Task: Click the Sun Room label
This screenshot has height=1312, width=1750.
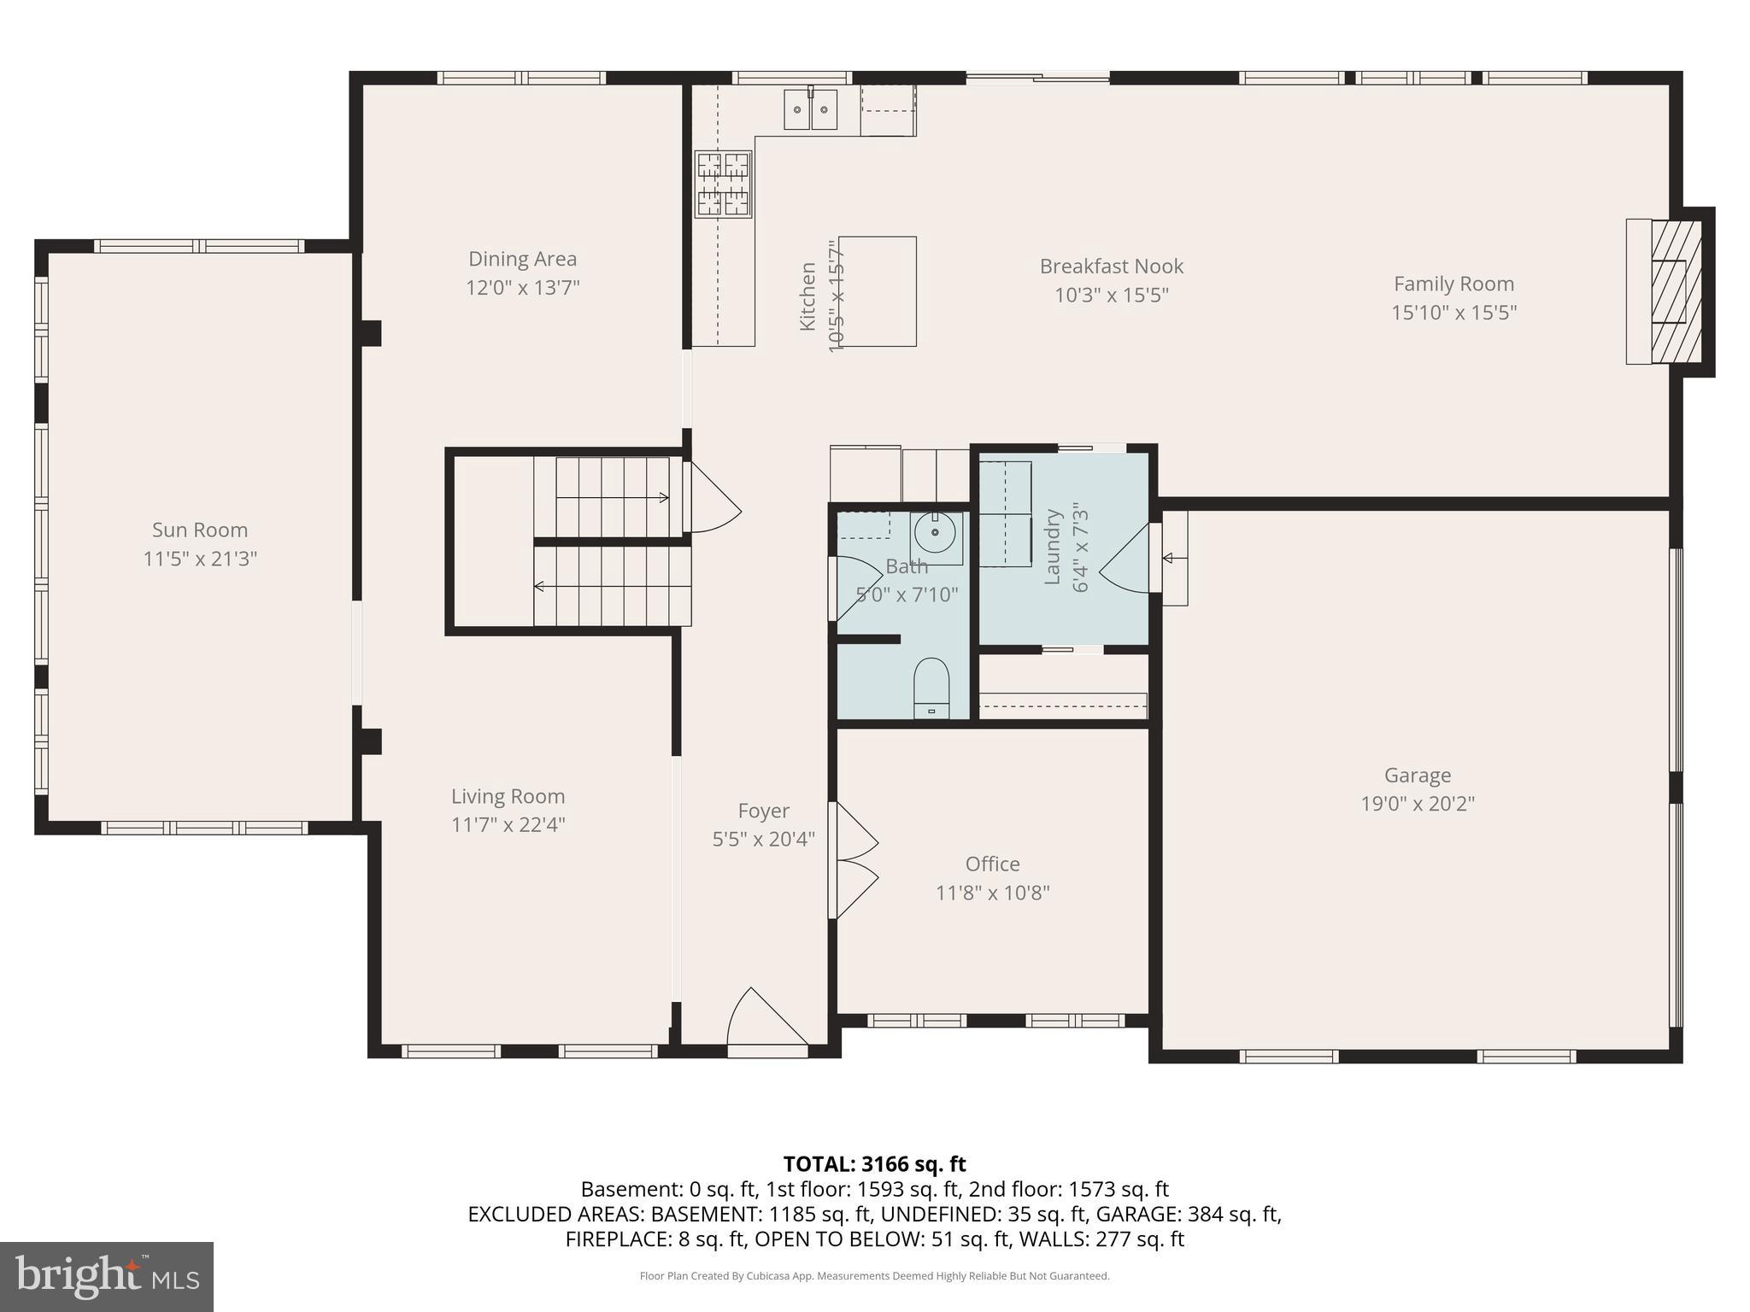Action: pos(200,530)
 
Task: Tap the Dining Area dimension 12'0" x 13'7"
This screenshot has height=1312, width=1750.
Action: pos(522,288)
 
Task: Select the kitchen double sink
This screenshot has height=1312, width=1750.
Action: pos(810,109)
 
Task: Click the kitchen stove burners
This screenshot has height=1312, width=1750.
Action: pos(723,184)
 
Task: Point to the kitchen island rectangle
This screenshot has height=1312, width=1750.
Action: pos(877,291)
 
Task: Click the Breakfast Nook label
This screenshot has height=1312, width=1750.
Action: pos(1111,266)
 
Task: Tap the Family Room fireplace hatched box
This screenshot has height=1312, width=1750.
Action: pos(1675,291)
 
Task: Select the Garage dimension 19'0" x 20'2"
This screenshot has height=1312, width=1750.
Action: pos(1418,804)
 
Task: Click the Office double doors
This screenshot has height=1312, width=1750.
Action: pos(854,861)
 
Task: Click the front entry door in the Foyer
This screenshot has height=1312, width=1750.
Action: pos(766,1021)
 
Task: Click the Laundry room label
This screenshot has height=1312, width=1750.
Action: pos(1053,547)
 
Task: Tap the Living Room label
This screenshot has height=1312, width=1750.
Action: pos(508,796)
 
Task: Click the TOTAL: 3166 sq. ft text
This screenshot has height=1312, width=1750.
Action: pos(874,1163)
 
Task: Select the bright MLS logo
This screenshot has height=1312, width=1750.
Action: pos(107,1276)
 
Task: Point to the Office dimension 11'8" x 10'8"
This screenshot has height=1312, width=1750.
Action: pos(992,893)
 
